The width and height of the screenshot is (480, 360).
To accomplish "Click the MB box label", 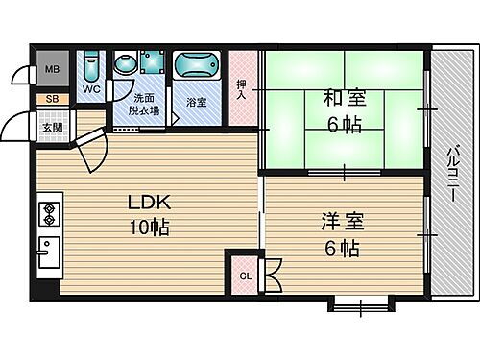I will pyautogui.click(x=50, y=70).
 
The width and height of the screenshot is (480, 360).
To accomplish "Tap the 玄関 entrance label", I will pyautogui.click(x=50, y=126).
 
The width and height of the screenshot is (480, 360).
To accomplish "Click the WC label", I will pyautogui.click(x=90, y=90).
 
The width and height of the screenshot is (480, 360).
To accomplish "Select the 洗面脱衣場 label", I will pyautogui.click(x=144, y=105).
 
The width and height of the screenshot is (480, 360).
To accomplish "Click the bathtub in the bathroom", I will pyautogui.click(x=198, y=70).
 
